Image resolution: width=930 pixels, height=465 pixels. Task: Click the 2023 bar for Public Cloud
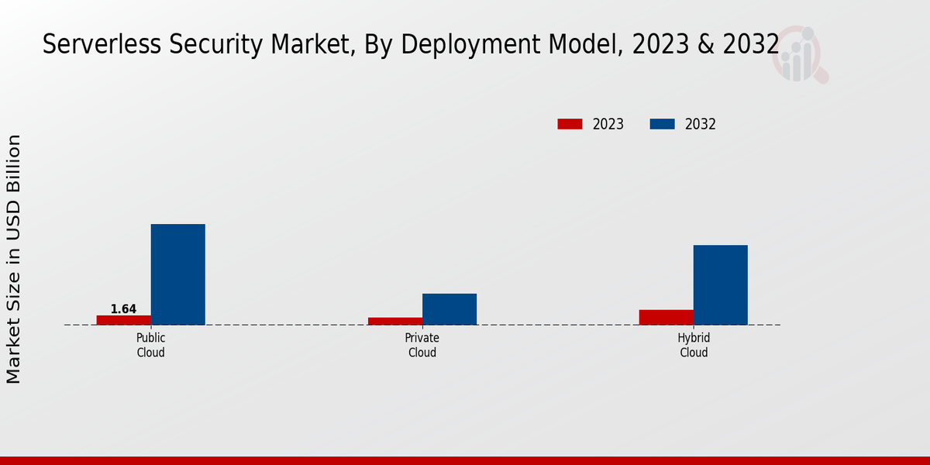124,320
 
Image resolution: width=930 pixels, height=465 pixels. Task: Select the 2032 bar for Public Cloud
178,274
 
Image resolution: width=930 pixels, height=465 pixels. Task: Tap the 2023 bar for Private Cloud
395,321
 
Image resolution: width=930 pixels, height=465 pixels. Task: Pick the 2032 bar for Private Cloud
449,309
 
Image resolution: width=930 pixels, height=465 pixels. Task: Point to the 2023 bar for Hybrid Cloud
666,317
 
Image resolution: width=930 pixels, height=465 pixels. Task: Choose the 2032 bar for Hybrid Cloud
721,285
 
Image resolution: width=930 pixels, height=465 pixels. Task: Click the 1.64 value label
123,309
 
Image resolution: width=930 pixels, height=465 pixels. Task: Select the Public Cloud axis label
151,346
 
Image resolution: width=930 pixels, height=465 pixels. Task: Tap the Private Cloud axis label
422,346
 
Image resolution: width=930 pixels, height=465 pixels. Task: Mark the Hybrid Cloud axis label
694,346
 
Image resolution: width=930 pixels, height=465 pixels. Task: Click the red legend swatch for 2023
570,124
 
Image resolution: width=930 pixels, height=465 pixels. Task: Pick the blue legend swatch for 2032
662,124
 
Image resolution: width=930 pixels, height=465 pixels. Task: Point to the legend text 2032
701,124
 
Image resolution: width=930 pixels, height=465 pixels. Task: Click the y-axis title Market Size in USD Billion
14,259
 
